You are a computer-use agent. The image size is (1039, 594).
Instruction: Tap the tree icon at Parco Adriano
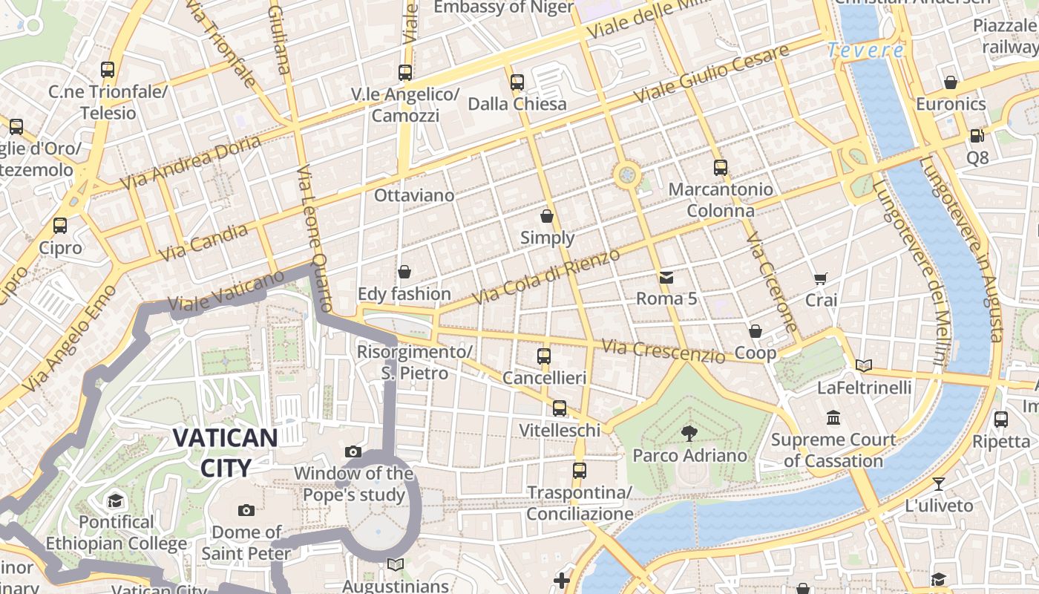pos(689,433)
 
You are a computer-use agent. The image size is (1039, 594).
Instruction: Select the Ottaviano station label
pos(414,195)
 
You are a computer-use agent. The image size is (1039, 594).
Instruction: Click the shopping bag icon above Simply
pos(547,216)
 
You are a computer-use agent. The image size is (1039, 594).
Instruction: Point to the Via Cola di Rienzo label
pos(545,277)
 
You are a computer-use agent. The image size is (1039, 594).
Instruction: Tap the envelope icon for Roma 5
pos(666,278)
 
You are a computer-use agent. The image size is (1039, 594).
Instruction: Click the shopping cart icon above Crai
pos(820,279)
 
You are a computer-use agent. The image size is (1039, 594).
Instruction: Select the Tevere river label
pos(865,50)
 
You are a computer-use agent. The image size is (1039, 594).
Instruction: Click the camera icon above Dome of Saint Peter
pos(246,510)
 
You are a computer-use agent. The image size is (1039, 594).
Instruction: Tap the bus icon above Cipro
pos(60,226)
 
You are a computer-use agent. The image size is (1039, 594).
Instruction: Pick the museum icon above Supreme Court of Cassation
pos(833,418)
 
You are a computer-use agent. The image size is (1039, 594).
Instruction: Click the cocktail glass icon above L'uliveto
pos(939,484)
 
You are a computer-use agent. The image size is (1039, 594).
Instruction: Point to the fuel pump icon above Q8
pos(977,136)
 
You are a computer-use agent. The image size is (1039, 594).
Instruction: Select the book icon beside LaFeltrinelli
pos(863,365)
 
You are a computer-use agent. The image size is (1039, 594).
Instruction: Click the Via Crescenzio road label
pos(663,351)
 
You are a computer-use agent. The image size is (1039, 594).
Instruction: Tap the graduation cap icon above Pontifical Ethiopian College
pos(115,500)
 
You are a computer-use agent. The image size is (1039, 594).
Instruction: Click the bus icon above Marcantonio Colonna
pos(720,168)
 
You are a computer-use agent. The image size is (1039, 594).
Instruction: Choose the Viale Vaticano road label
pos(226,290)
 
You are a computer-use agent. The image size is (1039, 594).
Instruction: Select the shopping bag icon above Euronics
pos(950,82)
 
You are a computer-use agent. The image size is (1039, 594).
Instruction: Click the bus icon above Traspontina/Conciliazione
pos(580,471)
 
